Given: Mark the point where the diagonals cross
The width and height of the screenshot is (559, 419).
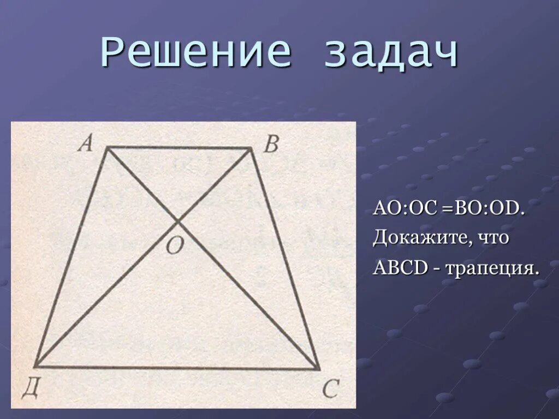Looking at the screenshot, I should point(178,221).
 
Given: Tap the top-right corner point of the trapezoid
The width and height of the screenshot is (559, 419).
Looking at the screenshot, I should point(251,148).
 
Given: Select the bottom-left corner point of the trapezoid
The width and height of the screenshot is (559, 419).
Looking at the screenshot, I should point(35,366).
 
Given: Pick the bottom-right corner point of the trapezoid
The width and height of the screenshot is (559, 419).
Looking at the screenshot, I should point(319,369).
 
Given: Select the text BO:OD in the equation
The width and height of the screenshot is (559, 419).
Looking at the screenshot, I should point(485,209).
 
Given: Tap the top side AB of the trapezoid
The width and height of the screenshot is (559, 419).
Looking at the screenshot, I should point(178,148).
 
